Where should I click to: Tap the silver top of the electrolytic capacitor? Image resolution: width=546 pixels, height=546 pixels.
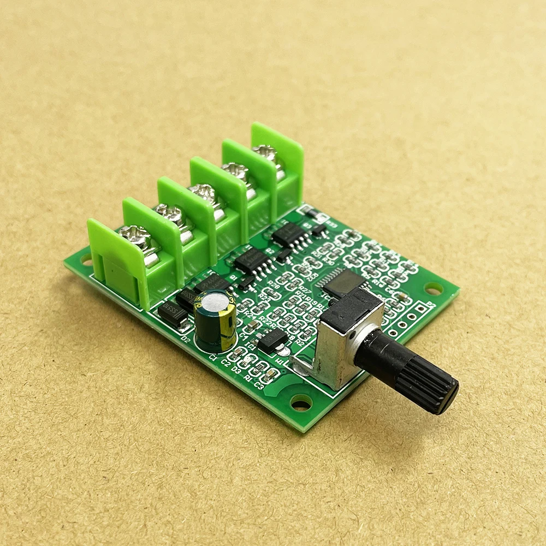[x=216, y=302]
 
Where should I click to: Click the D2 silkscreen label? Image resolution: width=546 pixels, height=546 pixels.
[x=186, y=339]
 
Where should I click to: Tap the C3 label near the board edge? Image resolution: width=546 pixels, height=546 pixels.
[x=259, y=387]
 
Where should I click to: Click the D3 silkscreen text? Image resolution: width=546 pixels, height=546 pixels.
[x=236, y=370]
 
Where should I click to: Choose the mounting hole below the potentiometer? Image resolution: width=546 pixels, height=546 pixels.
[x=301, y=404]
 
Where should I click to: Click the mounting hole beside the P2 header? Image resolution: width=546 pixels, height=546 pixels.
[x=434, y=288]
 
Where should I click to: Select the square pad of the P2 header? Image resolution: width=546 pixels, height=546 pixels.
[x=421, y=309]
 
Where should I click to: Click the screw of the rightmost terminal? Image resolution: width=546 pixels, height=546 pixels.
[x=266, y=153]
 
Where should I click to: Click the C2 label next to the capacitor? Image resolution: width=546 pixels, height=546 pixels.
[x=225, y=364]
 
